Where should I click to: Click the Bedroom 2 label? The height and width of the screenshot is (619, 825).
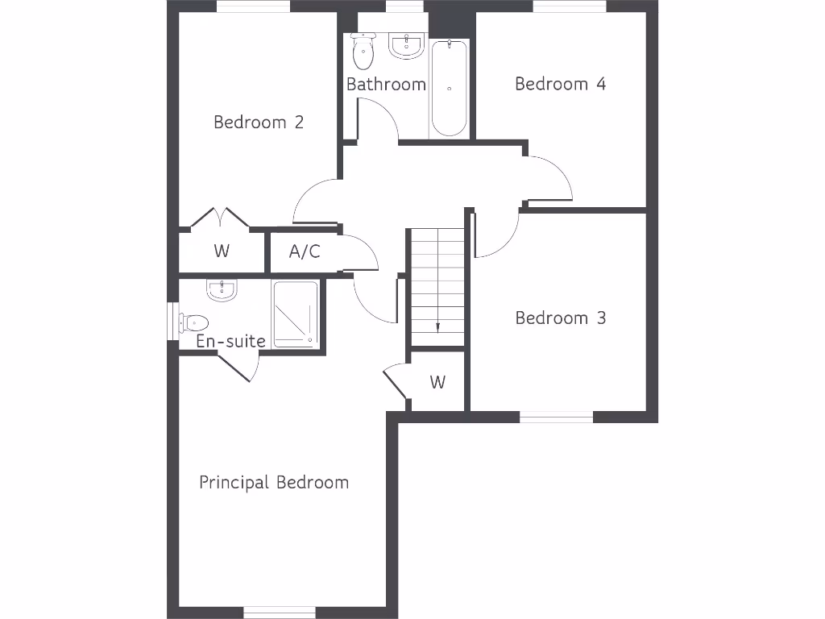point(259,123)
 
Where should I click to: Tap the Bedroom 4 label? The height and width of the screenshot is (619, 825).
point(560,84)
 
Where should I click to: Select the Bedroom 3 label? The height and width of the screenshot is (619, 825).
point(561,318)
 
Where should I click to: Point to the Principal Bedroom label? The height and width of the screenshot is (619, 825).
point(274,483)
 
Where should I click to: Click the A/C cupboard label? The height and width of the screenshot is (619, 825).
point(305,251)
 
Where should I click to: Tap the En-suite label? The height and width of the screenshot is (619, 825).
point(230,342)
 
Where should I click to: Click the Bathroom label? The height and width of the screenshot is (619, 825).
point(386,85)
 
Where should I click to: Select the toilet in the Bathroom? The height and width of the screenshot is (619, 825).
point(363,52)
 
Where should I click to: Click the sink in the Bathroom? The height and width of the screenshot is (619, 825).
point(407,46)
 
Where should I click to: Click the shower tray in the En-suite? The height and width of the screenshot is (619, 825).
point(296,314)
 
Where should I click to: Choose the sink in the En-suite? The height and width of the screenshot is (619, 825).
point(222,290)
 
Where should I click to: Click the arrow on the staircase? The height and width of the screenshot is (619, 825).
point(437,326)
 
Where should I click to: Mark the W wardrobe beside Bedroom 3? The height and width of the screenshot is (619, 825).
point(437,382)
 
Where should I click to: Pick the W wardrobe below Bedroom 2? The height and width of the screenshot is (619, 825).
point(222,251)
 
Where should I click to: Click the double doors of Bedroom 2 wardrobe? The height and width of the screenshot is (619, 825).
point(219,219)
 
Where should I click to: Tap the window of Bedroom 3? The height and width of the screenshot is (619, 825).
point(556,417)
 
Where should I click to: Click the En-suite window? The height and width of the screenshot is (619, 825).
point(172,321)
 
